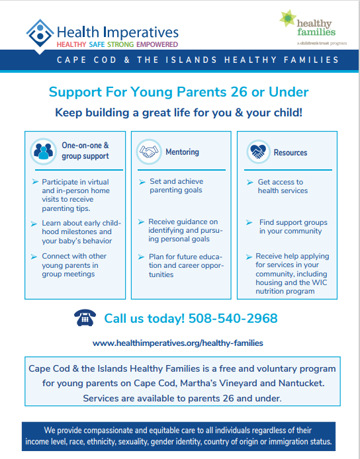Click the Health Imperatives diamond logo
(40, 33)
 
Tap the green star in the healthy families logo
(287, 18)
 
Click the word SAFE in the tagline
(97, 44)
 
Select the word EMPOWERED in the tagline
(157, 44)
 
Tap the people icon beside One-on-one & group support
(44, 151)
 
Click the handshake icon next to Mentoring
(149, 151)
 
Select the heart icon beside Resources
(258, 151)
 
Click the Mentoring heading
(182, 152)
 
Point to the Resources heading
(291, 153)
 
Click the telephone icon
(85, 317)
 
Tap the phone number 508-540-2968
(233, 319)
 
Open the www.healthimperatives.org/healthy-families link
(178, 343)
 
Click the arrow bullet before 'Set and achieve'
(142, 182)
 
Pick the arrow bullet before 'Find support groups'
(249, 222)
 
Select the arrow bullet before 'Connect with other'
(34, 257)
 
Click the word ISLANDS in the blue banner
(191, 60)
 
